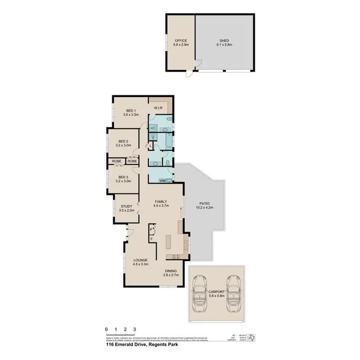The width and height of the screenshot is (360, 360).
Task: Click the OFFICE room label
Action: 180,41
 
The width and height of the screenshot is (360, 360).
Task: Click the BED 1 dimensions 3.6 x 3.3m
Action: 131,115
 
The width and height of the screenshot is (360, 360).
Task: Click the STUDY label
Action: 127,206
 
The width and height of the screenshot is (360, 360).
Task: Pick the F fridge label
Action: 151,239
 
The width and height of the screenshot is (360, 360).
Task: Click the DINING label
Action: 170,271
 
